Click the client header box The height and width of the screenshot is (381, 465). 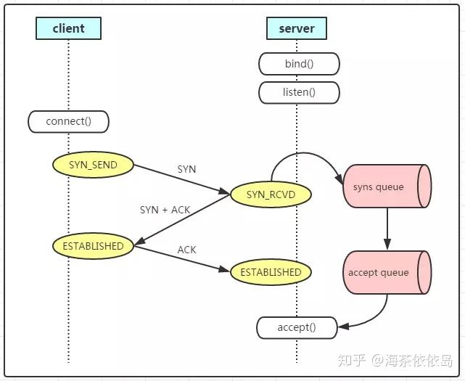point(68,28)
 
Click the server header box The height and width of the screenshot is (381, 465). point(297,28)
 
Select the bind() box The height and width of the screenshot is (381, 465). point(299,64)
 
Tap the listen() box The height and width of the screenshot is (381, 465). point(299,92)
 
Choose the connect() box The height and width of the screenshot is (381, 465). point(68,121)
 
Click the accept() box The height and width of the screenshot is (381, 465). point(297,327)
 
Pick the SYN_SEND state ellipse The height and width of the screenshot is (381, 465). point(94,165)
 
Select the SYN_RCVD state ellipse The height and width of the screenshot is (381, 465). point(271,194)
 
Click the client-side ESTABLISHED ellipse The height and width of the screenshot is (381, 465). point(94,246)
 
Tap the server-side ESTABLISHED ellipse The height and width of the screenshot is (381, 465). point(271,272)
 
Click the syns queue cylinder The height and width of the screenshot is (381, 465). point(386,187)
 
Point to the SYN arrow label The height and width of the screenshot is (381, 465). point(186,169)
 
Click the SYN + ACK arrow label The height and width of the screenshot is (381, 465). point(165,210)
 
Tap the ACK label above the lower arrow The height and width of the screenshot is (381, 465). point(186,250)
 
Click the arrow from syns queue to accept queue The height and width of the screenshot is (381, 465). point(387,229)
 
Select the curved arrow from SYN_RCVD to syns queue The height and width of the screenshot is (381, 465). point(305,155)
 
